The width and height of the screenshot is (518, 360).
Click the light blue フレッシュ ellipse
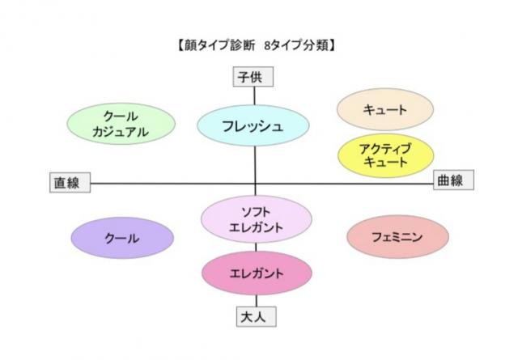253,125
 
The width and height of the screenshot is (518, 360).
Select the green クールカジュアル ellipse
121,124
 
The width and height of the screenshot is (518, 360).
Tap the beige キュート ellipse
385,109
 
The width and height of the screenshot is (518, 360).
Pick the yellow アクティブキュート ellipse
385,155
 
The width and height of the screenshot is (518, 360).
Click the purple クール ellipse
122,238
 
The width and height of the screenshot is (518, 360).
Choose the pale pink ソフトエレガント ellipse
257,219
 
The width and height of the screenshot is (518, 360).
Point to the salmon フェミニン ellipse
397,236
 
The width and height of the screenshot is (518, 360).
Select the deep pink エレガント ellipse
257,273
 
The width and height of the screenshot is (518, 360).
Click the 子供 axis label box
253,77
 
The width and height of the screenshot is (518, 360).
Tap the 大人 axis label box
257,317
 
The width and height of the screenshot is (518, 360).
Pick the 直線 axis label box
70,182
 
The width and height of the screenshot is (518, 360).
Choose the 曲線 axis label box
453,180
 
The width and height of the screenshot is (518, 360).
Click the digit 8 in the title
268,45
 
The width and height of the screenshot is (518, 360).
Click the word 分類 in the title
316,45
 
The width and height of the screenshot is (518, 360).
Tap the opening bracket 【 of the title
180,45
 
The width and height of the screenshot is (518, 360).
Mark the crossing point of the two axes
255,184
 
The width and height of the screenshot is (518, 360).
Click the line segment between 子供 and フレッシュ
254,95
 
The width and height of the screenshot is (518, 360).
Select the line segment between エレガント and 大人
257,301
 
